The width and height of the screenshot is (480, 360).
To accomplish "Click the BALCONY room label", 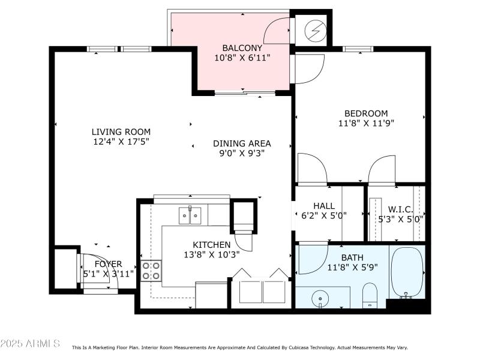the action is (x=242, y=48).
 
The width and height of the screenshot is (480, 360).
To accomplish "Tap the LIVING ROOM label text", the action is (x=121, y=132).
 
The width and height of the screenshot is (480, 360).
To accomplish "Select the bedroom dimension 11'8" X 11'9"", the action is (x=366, y=123).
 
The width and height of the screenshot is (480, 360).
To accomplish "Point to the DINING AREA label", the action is (x=242, y=143).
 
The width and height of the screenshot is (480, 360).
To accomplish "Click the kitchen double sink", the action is (x=190, y=215).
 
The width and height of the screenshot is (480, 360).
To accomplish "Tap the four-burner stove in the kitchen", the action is (x=151, y=271).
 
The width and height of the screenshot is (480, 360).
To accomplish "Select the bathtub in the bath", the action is (x=407, y=272).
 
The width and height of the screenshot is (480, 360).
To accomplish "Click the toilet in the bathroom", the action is (x=370, y=295).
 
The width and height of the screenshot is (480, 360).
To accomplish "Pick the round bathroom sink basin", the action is (x=320, y=298).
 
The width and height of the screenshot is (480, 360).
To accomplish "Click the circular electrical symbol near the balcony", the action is (x=316, y=31).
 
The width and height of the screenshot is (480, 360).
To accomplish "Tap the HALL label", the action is (x=324, y=206).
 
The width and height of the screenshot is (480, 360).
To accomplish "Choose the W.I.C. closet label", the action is (x=400, y=209).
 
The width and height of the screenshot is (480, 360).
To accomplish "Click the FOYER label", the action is (x=108, y=264).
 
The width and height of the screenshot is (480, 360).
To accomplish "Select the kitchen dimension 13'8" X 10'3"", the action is (x=212, y=254).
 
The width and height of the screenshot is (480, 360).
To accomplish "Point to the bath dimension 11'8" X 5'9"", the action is (x=352, y=267).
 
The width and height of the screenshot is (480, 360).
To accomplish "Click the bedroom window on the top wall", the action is (x=358, y=49).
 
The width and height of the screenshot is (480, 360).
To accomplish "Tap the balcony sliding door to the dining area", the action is (x=245, y=92).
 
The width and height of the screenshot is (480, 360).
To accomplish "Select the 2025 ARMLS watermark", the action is (x=30, y=343).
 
